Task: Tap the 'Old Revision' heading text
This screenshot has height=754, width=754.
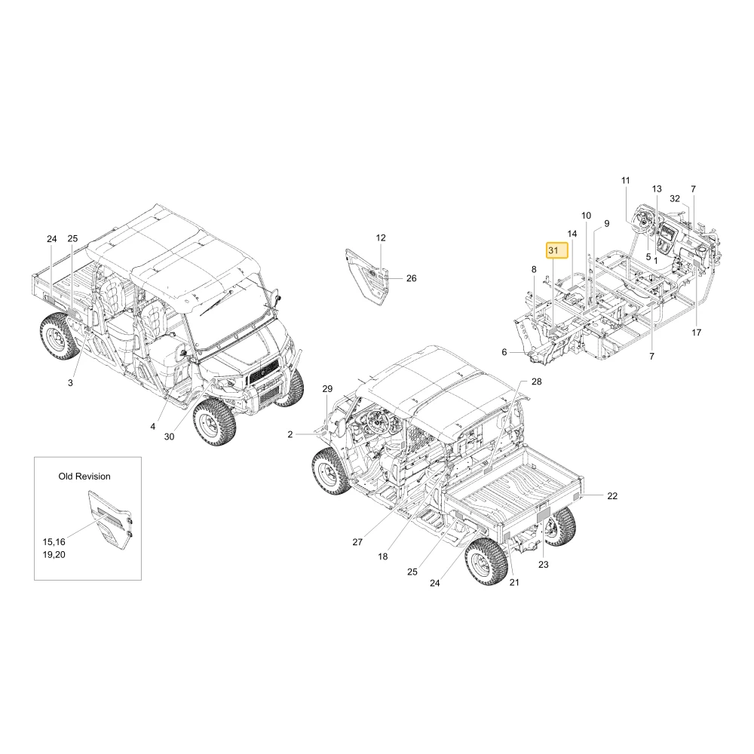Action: (x=84, y=477)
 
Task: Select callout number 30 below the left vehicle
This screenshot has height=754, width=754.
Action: (x=169, y=437)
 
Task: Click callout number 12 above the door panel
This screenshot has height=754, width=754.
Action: (x=381, y=238)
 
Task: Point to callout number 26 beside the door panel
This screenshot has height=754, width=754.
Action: (x=412, y=278)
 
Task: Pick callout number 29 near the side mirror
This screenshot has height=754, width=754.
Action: (x=327, y=388)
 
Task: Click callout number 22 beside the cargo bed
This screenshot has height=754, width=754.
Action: (x=612, y=496)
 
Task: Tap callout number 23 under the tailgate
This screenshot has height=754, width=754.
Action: (x=544, y=565)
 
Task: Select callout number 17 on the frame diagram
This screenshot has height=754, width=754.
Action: (x=697, y=333)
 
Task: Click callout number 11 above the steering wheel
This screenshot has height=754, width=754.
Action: (x=626, y=181)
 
